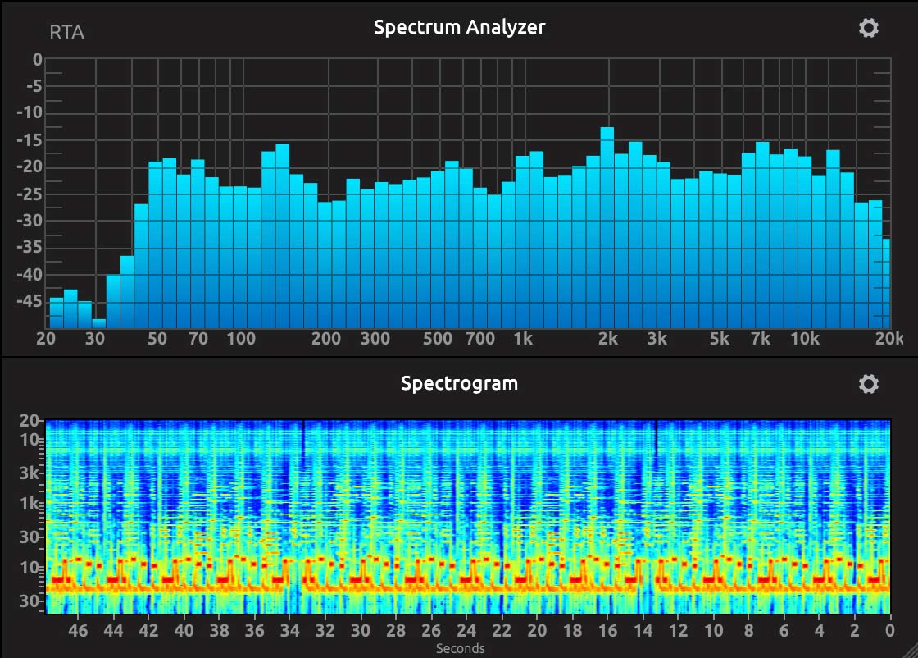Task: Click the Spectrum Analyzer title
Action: [x=459, y=27]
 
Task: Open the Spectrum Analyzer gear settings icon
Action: [x=868, y=28]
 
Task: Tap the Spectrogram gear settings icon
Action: [x=868, y=384]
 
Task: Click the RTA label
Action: [x=66, y=33]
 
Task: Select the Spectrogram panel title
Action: [x=459, y=383]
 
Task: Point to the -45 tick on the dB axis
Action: [x=30, y=302]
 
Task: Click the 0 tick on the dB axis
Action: [x=37, y=60]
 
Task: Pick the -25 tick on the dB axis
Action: [x=30, y=194]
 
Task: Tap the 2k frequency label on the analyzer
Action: [x=607, y=339]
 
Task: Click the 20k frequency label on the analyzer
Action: [x=888, y=339]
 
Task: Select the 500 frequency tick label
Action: [x=437, y=339]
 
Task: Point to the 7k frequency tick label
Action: [x=761, y=339]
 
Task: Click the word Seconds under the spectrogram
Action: [x=460, y=648]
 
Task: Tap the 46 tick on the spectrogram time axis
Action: [x=78, y=630]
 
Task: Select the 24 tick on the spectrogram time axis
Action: [x=466, y=630]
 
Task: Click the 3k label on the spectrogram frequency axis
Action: [x=30, y=473]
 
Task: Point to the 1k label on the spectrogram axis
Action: [x=30, y=503]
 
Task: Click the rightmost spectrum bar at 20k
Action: [x=886, y=283]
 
